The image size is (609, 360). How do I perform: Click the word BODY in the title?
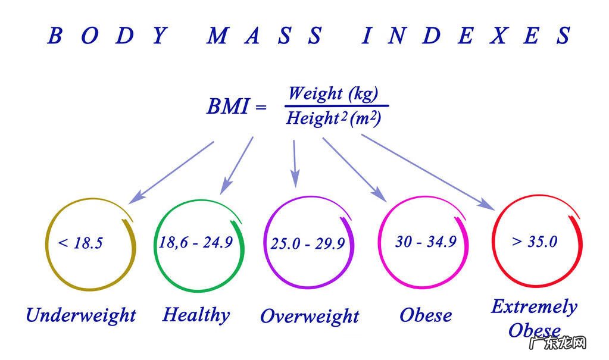coord(107,36)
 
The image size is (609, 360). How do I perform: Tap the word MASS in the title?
coord(265,36)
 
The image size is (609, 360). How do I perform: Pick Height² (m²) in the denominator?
coord(333,118)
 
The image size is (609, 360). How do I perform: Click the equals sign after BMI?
coord(260,108)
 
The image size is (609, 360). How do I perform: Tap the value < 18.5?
coord(80,243)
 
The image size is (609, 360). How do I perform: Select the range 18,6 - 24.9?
coord(195,242)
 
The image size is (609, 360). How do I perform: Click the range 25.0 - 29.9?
coord(307,243)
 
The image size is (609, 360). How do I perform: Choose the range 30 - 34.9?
coord(426,242)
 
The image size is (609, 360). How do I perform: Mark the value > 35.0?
coord(534,242)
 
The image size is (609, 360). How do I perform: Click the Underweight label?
coord(81,314)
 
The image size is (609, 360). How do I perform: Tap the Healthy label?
coord(196,314)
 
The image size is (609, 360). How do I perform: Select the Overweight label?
coord(310,315)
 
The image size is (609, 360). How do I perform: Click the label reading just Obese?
coord(426,314)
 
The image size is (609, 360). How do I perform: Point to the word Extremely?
coord(534,306)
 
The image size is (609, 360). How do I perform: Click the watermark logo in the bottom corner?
coord(566,343)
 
